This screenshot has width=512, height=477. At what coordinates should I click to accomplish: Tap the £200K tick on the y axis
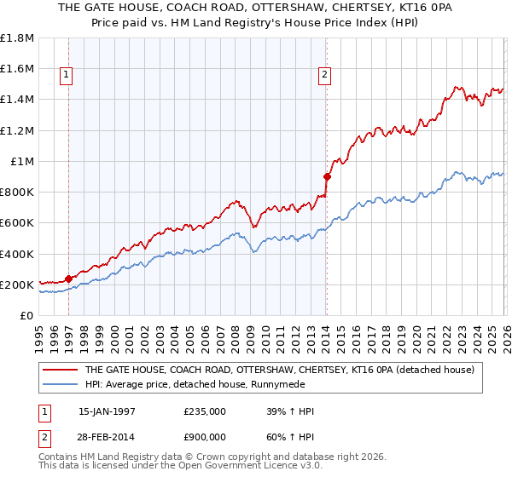pos(17,284)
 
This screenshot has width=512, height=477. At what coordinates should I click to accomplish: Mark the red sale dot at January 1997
pos(68,279)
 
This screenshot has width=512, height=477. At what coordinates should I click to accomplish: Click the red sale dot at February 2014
pos(326,176)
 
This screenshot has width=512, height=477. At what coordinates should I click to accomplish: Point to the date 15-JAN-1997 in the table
pos(106,411)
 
